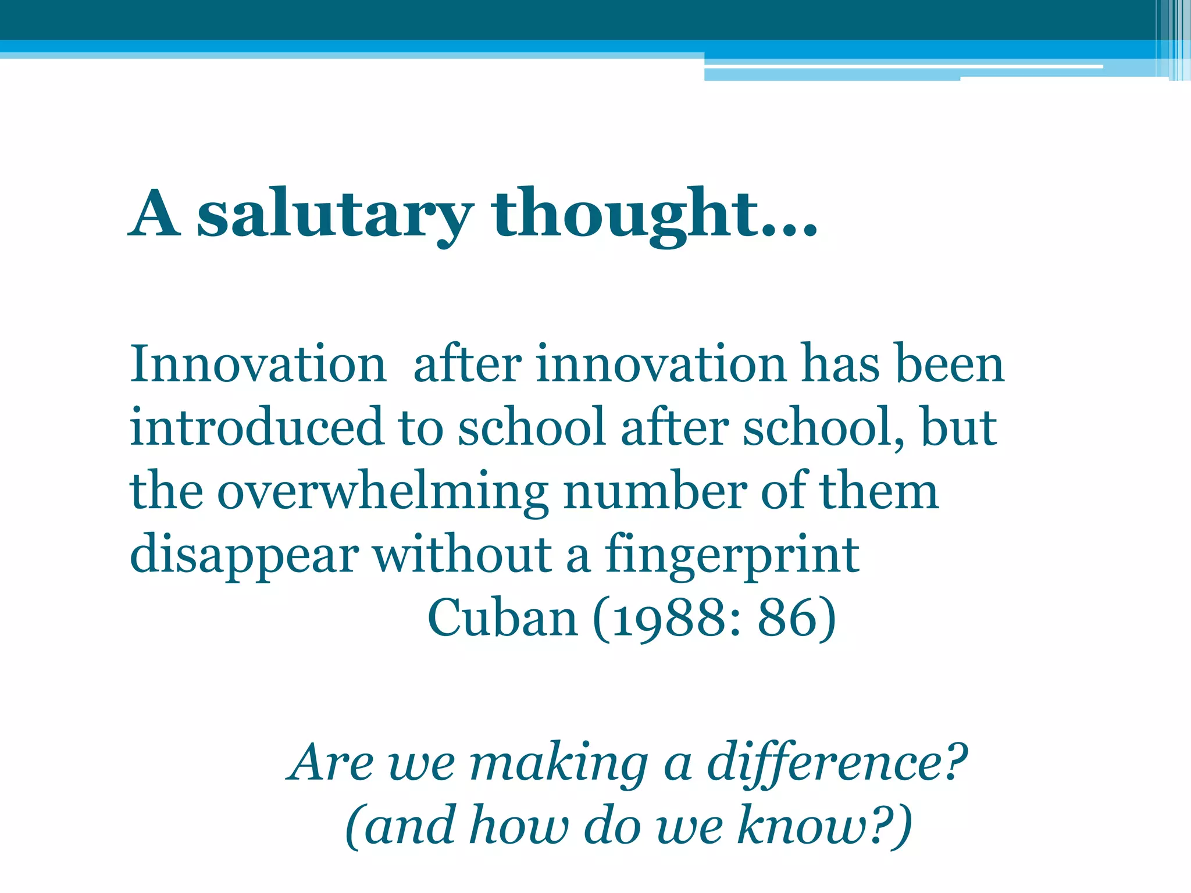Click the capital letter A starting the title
click(154, 214)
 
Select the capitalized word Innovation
click(258, 365)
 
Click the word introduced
click(256, 428)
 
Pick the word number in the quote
click(655, 492)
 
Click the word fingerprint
click(732, 556)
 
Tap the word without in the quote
click(462, 556)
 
